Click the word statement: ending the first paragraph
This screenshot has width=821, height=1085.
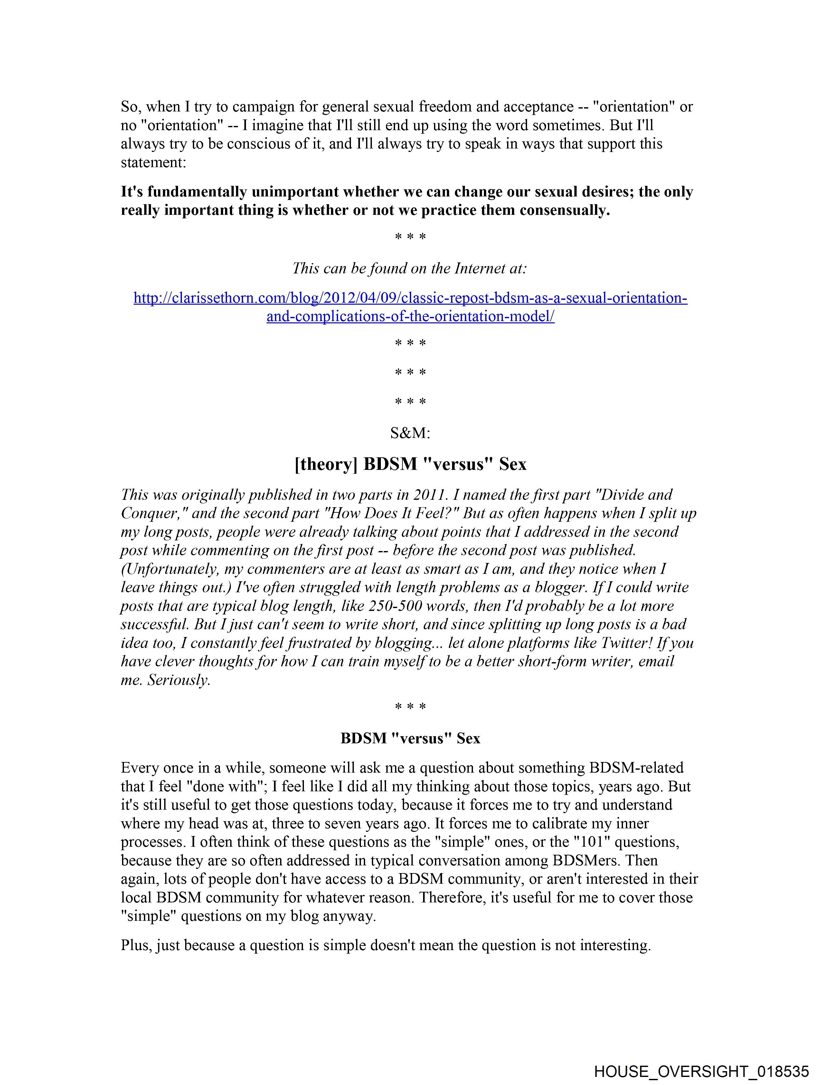pyautogui.click(x=154, y=162)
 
